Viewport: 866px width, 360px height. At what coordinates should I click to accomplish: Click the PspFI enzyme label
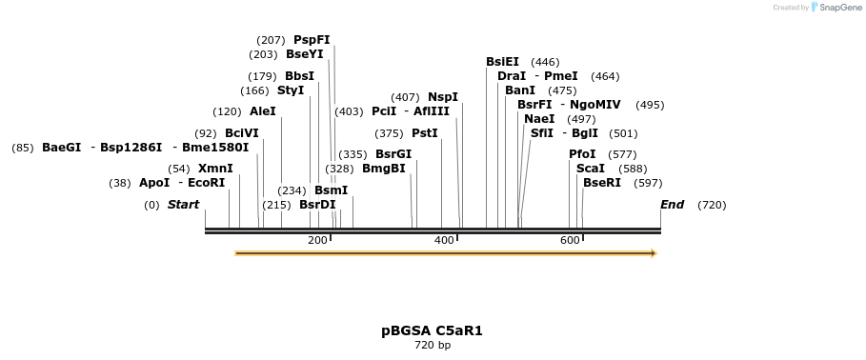(312, 40)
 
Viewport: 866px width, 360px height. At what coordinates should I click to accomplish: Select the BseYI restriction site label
(304, 54)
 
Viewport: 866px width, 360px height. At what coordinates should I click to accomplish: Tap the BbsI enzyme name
(299, 76)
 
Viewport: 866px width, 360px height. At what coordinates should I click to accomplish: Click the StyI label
(291, 90)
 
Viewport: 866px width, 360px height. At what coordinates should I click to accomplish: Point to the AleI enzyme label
(263, 111)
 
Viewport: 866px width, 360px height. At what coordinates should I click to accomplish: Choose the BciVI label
(242, 133)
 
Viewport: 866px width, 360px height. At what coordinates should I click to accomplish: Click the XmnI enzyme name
(215, 169)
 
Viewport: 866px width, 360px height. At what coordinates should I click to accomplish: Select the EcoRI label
(206, 183)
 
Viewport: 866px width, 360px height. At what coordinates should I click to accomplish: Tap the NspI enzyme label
(443, 97)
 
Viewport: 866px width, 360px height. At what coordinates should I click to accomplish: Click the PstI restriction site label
(425, 133)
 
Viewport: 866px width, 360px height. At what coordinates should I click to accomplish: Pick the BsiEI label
(502, 62)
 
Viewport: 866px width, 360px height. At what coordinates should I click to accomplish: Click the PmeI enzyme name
(561, 76)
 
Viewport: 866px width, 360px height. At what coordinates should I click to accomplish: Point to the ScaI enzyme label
(591, 169)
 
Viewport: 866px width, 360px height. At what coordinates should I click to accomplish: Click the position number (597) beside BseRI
(647, 183)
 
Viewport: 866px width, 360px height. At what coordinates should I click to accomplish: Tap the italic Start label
(183, 205)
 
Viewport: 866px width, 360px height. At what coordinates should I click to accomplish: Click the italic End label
(673, 205)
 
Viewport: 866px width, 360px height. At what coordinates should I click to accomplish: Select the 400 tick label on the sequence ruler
(444, 240)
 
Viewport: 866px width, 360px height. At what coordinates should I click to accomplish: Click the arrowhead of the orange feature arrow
(654, 253)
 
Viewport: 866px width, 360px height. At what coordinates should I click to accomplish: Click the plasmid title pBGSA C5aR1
(432, 330)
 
